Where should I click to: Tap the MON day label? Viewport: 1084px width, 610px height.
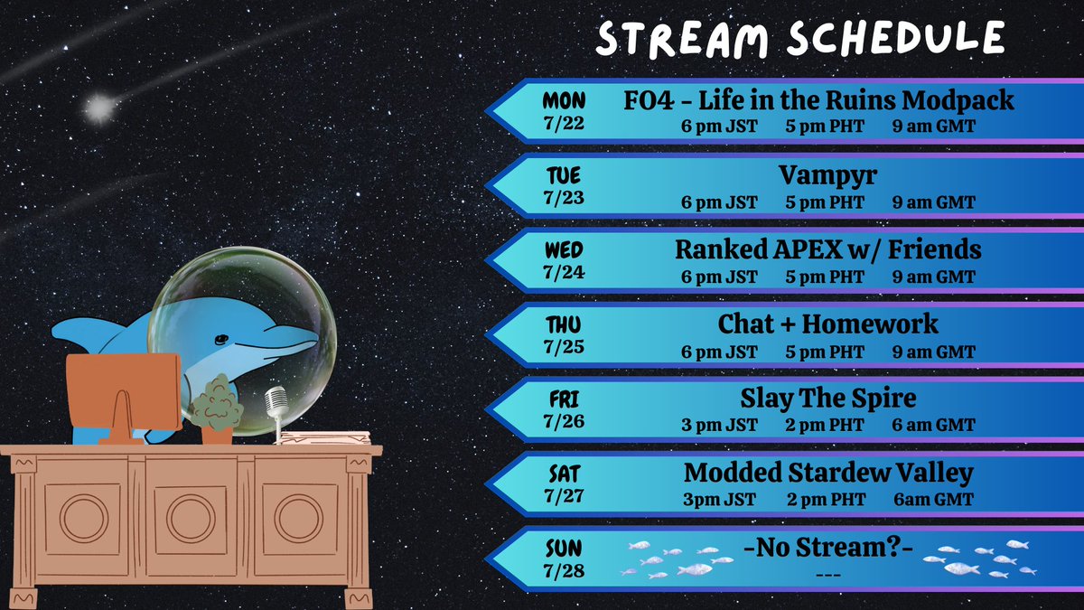tap(565, 100)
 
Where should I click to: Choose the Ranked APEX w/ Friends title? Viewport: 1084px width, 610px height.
tap(827, 249)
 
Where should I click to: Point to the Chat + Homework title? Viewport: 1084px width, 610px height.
tap(827, 324)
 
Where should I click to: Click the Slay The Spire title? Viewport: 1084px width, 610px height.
tap(828, 399)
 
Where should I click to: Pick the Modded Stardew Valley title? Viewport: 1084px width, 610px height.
tap(828, 473)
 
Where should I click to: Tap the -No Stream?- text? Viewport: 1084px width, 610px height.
tap(827, 549)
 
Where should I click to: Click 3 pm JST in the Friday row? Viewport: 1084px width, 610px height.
tap(719, 425)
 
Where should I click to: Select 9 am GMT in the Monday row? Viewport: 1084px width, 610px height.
tap(933, 127)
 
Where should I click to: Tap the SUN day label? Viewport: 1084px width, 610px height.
tap(565, 549)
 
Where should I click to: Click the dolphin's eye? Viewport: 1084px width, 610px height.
tap(220, 341)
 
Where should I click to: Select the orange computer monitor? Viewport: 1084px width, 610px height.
tap(124, 393)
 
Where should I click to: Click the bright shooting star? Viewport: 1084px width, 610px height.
tap(98, 109)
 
